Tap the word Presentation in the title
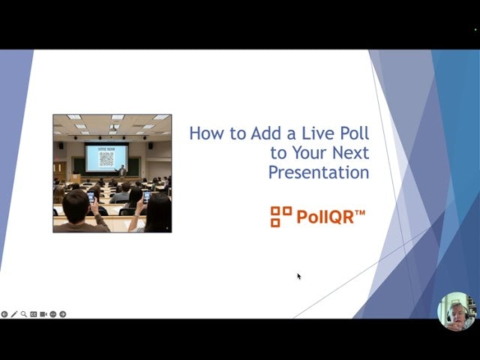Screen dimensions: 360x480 tap(319, 172)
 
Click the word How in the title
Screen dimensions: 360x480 tap(205, 134)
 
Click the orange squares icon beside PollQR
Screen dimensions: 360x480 tap(280, 217)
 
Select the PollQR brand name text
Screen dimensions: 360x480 tap(331, 217)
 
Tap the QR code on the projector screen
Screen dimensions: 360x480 tap(106, 159)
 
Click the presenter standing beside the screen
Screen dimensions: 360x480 tap(122, 171)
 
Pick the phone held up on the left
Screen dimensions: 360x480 tap(91, 197)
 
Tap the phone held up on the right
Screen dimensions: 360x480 tap(146, 196)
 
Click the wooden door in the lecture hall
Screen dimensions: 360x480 tap(58, 169)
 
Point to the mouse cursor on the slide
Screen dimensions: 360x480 tap(298, 276)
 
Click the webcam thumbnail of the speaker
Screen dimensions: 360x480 tap(456, 310)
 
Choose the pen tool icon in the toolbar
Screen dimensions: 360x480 tap(14, 314)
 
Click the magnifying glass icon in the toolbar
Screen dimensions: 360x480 tap(24, 314)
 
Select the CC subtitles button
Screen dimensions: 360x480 tap(34, 314)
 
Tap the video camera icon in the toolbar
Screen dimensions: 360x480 tap(43, 314)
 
